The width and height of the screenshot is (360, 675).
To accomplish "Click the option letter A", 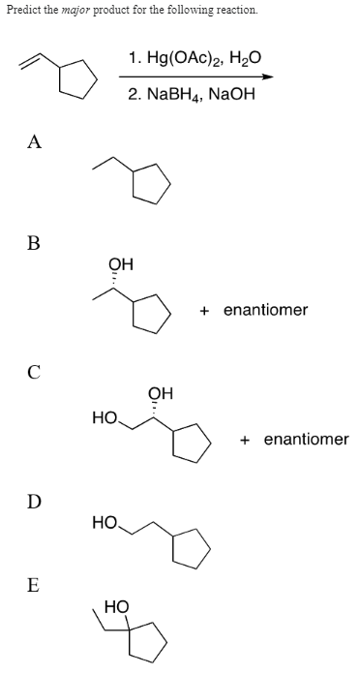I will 34,142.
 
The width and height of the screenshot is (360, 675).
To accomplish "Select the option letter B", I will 33,241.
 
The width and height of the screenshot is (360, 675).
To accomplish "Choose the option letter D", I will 34,501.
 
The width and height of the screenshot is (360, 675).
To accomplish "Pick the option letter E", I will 33,586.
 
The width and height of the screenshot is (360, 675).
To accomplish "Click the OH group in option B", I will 122,262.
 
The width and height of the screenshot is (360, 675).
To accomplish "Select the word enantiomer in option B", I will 265,310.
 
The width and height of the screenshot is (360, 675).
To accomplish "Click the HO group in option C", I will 104,418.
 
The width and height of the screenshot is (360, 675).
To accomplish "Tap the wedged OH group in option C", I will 161,392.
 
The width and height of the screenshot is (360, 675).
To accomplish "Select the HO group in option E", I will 115,607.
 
